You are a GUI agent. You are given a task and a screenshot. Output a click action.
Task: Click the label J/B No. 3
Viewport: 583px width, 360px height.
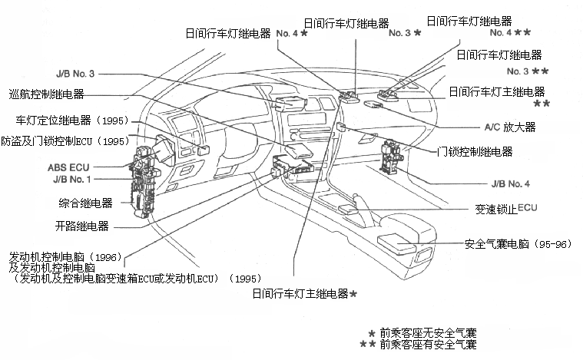pyautogui.click(x=75, y=74)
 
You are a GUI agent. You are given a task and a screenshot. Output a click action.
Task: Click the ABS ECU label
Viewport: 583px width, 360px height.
pyautogui.click(x=68, y=166)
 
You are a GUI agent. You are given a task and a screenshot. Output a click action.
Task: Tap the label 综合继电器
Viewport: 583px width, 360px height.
pyautogui.click(x=85, y=203)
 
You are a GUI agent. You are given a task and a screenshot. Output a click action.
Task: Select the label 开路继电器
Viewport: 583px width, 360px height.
pyautogui.click(x=81, y=226)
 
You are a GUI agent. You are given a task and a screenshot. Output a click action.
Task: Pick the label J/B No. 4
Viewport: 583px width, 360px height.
pyautogui.click(x=510, y=185)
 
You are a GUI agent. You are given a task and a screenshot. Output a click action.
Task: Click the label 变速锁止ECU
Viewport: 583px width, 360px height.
pyautogui.click(x=506, y=209)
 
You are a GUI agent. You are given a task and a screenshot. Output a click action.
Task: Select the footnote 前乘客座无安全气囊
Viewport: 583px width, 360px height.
pyautogui.click(x=427, y=333)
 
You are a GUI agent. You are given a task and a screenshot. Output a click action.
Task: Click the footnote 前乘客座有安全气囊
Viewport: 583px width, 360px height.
pyautogui.click(x=427, y=345)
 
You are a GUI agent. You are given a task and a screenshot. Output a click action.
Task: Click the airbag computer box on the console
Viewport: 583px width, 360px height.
pyautogui.click(x=397, y=243)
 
